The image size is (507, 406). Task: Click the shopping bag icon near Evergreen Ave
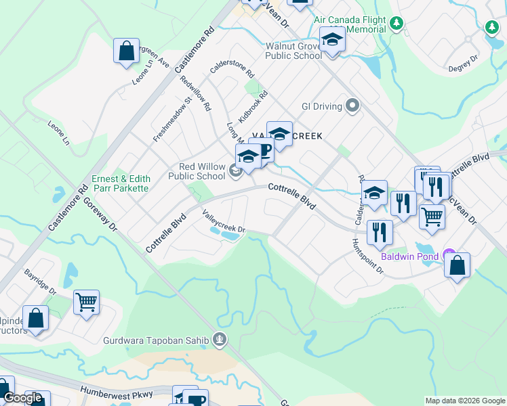pyautogui.click(x=126, y=51)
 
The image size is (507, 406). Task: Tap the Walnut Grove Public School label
pyautogui.click(x=293, y=51)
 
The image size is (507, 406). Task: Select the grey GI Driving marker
pyautogui.click(x=352, y=106)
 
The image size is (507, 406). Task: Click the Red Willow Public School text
pyautogui.click(x=201, y=171)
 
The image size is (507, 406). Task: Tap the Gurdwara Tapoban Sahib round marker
pyautogui.click(x=219, y=340)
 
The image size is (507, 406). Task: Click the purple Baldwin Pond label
pyautogui.click(x=407, y=255)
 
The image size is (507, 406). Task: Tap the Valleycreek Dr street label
pyautogui.click(x=223, y=221)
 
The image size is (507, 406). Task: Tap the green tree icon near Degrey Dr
pyautogui.click(x=492, y=28)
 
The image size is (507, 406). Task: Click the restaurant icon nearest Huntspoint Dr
pyautogui.click(x=379, y=232)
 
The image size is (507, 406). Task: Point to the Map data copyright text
pyautogui.click(x=464, y=401)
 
